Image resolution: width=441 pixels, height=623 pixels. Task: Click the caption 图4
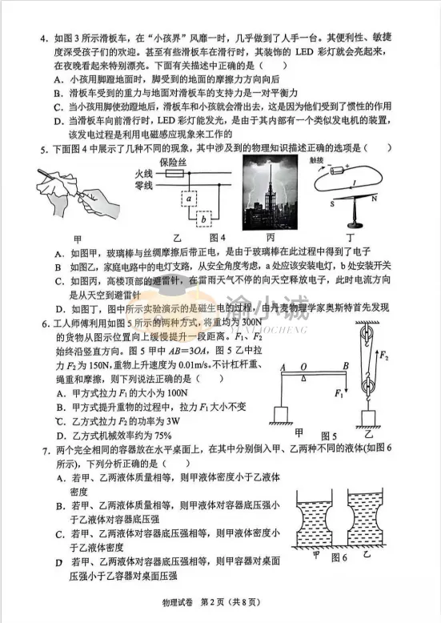point(218,238)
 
